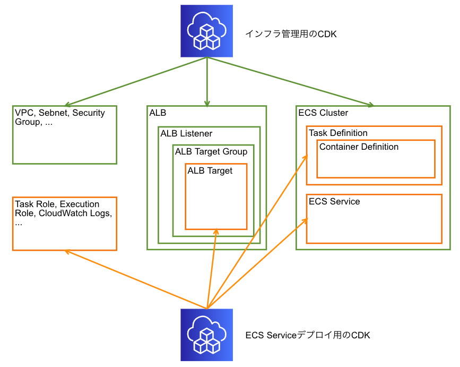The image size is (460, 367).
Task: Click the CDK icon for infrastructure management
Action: (x=207, y=31)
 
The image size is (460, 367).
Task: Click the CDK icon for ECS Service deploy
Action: (x=207, y=335)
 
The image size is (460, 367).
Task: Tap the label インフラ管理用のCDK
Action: (x=291, y=34)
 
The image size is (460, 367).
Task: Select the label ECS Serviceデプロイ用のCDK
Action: (x=308, y=336)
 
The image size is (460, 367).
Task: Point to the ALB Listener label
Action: (x=186, y=133)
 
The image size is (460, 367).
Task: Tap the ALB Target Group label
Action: (x=211, y=152)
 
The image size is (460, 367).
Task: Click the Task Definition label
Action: (x=338, y=133)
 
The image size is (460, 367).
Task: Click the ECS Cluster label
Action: (x=323, y=113)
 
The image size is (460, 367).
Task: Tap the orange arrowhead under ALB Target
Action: (x=215, y=232)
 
